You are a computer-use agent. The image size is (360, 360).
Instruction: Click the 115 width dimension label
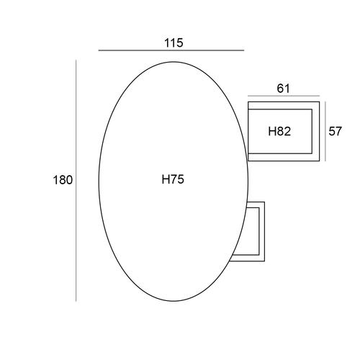tap(174, 43)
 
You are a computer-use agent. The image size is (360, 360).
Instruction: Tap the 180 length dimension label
tap(63, 180)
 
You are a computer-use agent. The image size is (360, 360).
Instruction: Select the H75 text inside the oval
tap(173, 179)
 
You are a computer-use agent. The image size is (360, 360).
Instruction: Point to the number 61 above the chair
tap(284, 89)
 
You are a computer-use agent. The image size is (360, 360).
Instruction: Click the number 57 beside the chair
tap(335, 131)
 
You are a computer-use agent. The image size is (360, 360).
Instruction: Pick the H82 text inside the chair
tap(279, 131)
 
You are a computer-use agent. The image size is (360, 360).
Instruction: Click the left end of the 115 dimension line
tap(99, 50)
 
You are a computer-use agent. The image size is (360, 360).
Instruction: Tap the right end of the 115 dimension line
tap(244, 50)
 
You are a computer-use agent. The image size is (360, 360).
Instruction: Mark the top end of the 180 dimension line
tap(76, 60)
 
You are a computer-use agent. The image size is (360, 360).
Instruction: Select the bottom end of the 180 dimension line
tap(76, 301)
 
